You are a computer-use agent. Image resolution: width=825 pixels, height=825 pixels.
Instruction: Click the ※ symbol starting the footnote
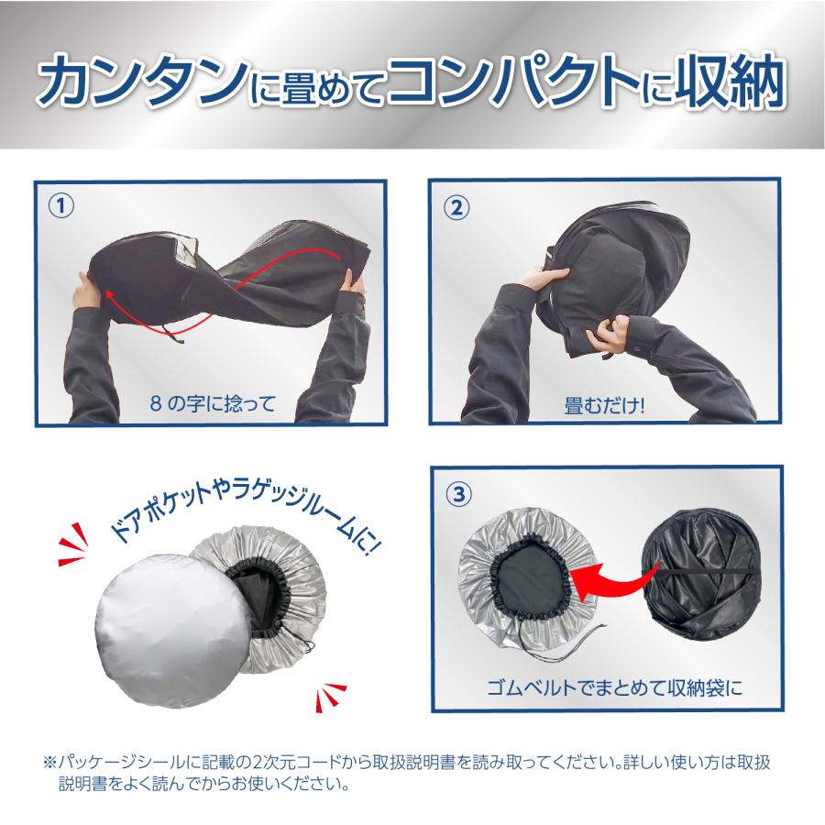click(x=49, y=763)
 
